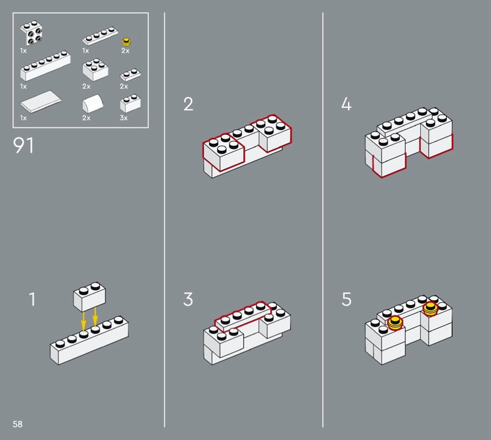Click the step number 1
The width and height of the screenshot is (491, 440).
pyautogui.click(x=32, y=300)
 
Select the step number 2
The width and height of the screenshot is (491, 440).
pyautogui.click(x=188, y=104)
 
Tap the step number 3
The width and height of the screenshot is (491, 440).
pyautogui.click(x=188, y=300)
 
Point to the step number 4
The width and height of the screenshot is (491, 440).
pyautogui.click(x=346, y=104)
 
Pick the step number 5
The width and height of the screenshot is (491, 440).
pyautogui.click(x=347, y=300)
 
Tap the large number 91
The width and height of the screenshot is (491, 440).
pyautogui.click(x=23, y=146)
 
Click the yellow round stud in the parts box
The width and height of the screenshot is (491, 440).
pyautogui.click(x=127, y=42)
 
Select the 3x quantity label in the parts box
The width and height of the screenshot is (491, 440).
pyautogui.click(x=123, y=118)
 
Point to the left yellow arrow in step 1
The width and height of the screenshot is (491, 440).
pyautogui.click(x=83, y=321)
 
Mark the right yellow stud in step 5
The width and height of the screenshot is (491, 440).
pyautogui.click(x=431, y=307)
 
